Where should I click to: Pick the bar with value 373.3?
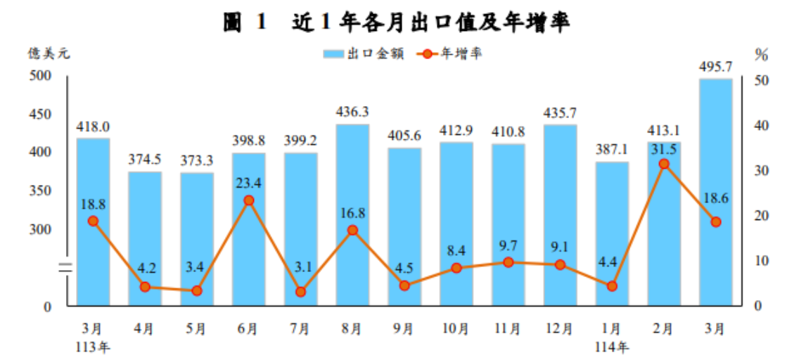tap(197, 239)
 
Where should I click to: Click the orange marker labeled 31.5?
tap(664, 164)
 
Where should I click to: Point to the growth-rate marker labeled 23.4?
tap(248, 200)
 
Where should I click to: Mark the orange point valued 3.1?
tap(300, 292)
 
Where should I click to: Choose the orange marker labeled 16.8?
tap(352, 230)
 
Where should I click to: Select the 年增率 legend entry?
tap(450, 54)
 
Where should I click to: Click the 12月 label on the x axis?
tap(560, 328)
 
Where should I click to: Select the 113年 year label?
tap(94, 346)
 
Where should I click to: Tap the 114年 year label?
tap(612, 346)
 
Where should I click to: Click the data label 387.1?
tap(612, 150)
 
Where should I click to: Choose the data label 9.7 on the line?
tap(508, 245)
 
